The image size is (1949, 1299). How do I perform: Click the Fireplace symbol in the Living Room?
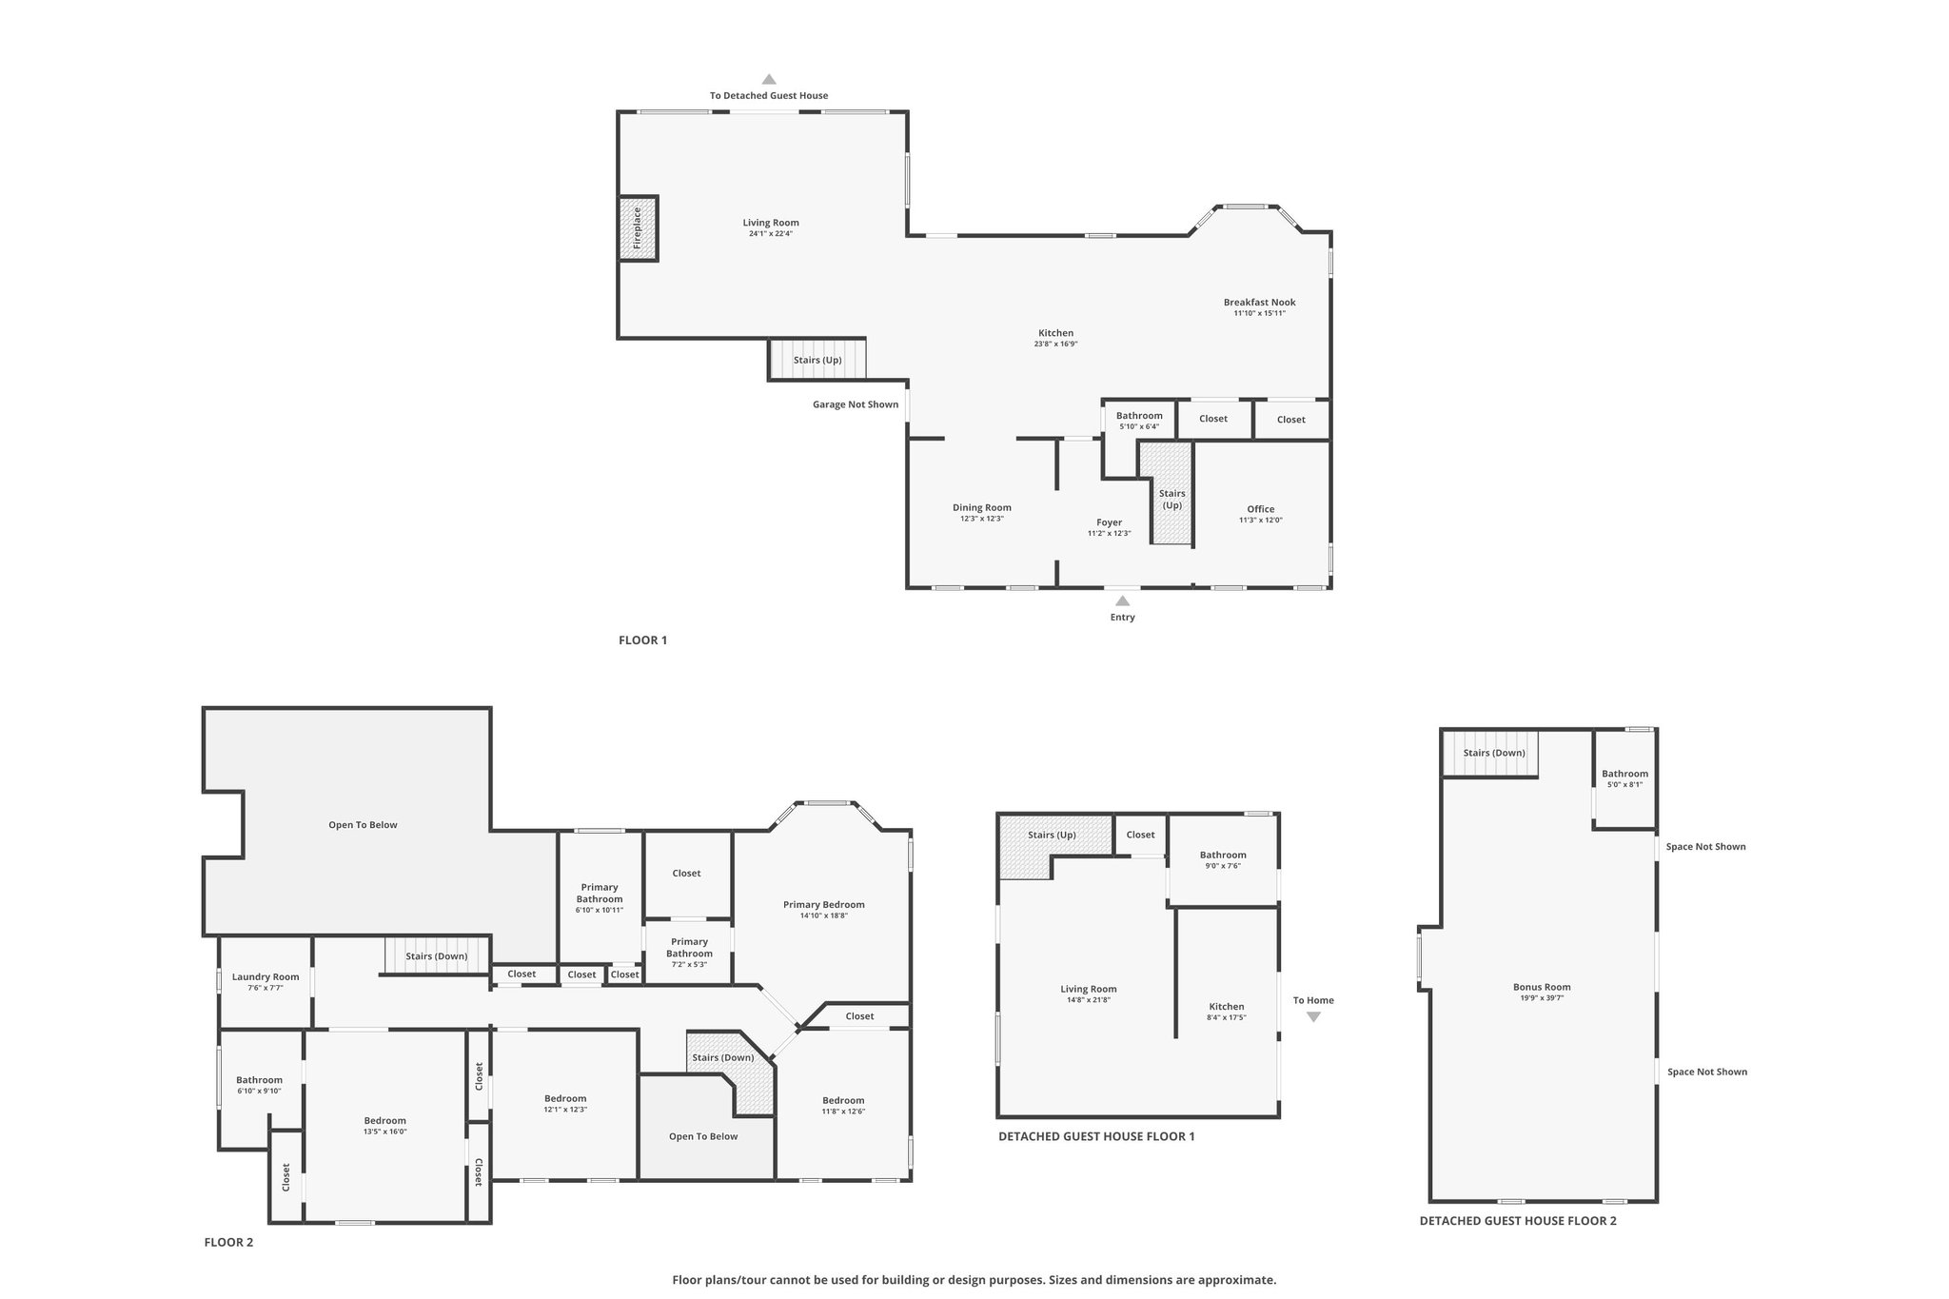638,228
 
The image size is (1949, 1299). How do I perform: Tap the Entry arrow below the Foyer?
1122,600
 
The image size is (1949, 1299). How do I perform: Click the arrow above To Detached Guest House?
769,80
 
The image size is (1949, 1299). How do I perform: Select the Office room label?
1260,509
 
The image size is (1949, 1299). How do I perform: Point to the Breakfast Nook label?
1259,303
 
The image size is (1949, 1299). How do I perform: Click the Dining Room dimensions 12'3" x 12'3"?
981,519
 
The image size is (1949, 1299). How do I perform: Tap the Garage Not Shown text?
855,404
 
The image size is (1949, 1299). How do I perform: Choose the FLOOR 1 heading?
642,640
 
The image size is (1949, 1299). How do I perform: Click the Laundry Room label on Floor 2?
266,976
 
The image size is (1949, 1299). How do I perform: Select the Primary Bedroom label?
823,904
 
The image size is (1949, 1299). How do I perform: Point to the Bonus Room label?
1542,987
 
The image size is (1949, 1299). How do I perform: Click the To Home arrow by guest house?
1313,1017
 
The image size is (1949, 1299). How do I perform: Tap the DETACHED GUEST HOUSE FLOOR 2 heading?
1517,1221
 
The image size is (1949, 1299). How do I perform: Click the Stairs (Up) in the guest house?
1052,836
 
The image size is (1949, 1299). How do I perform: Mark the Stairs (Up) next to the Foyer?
1171,499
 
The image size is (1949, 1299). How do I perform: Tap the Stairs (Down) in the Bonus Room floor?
1493,754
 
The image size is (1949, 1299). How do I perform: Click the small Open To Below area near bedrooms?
703,1136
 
